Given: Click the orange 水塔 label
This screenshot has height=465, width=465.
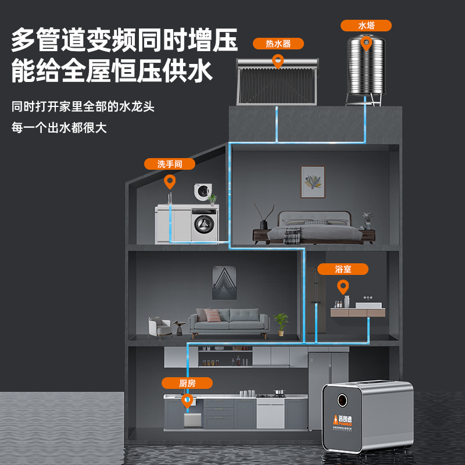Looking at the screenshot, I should [x=366, y=26].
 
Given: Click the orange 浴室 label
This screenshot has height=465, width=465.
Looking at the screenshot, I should [x=343, y=269].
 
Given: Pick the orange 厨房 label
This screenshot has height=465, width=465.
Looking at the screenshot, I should [x=187, y=383].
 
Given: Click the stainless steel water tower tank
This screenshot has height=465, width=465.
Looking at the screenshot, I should [x=366, y=67].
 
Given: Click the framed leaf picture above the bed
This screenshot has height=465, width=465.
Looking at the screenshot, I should [x=313, y=181].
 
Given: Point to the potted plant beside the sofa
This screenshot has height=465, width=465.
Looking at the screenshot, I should [x=281, y=323].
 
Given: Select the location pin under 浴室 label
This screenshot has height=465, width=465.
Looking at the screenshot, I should [x=343, y=286].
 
